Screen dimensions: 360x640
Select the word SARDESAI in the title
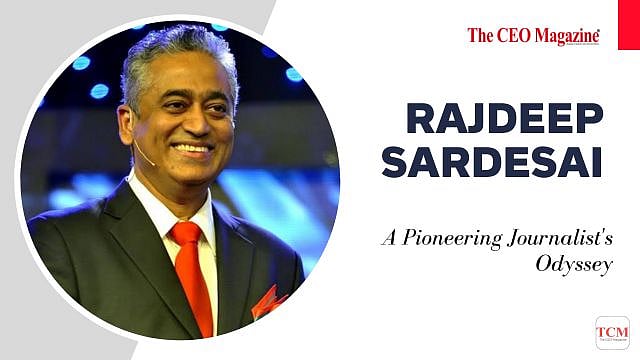tap(491, 161)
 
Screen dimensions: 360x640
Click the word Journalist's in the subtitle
tap(553, 239)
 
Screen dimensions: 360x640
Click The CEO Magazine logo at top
tap(533, 36)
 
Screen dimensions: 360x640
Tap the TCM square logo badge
tap(612, 332)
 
